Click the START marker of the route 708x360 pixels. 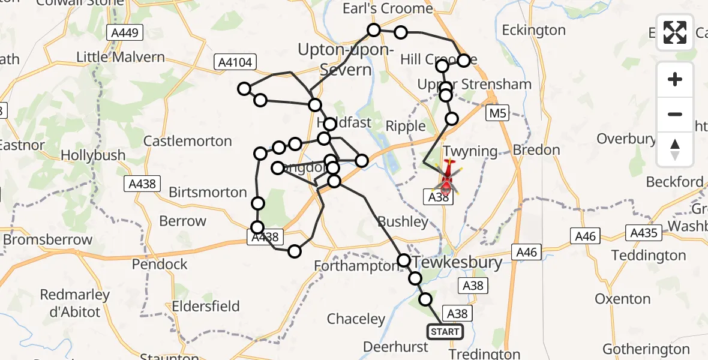[445, 332]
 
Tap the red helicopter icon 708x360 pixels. [448, 178]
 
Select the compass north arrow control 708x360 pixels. [675, 149]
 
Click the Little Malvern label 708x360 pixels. [121, 58]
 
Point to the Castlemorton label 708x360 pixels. [188, 142]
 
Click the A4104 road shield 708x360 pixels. [236, 62]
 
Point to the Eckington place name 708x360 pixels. [533, 30]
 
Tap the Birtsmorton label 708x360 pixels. [208, 193]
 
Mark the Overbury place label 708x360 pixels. [626, 139]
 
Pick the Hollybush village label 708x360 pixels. [94, 155]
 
